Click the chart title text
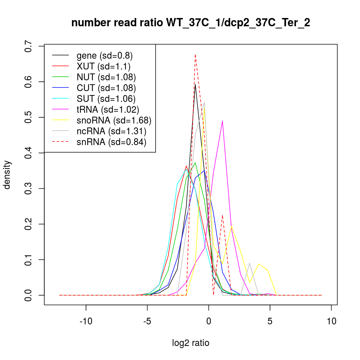coord(190,23)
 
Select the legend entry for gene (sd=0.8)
coord(104,55)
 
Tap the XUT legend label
coord(103,66)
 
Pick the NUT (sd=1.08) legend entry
coord(106,77)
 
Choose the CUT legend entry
coord(106,88)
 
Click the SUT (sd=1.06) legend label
coord(106,99)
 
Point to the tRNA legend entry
coord(108,109)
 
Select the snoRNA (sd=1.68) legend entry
coord(114,120)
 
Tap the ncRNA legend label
coord(111,131)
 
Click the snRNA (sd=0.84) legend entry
coord(111,142)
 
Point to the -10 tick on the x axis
coord(86,321)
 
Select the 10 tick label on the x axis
coord(332,321)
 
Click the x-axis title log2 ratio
coord(191,343)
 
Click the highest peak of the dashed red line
coord(195,55)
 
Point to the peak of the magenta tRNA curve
coord(222,121)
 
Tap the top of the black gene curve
coord(195,85)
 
